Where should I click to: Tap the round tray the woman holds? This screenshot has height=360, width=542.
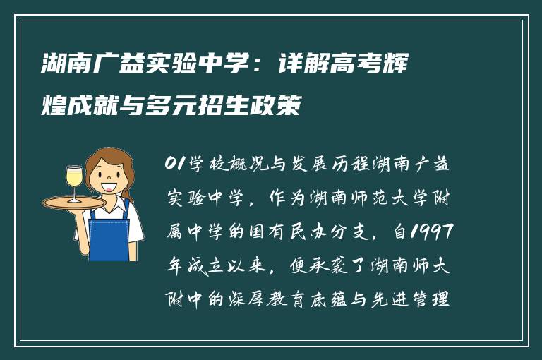[74, 203]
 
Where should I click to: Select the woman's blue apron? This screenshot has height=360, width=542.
[110, 233]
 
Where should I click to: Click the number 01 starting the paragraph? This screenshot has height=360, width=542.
[173, 165]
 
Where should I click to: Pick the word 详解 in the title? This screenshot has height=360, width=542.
[298, 68]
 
